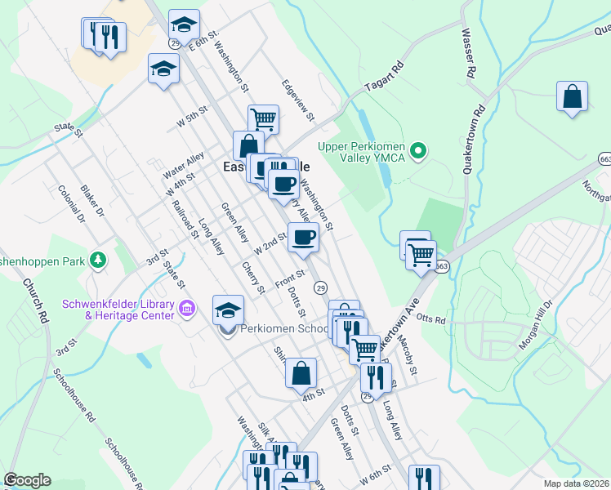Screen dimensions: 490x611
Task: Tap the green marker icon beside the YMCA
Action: click(419, 150)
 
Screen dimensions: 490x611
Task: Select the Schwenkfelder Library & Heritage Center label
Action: click(118, 310)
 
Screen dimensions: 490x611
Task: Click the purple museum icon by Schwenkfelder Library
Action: click(188, 310)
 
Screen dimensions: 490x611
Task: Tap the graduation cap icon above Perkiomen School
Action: click(228, 310)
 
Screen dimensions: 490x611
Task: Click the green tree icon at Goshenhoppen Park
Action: click(98, 260)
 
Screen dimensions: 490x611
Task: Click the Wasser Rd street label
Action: click(469, 54)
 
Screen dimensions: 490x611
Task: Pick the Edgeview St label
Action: click(298, 100)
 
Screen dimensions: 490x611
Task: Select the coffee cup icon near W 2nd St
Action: click(303, 237)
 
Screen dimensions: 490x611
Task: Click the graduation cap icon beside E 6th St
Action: click(184, 24)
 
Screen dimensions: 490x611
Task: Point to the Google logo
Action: click(27, 480)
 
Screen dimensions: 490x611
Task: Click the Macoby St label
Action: click(409, 359)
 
